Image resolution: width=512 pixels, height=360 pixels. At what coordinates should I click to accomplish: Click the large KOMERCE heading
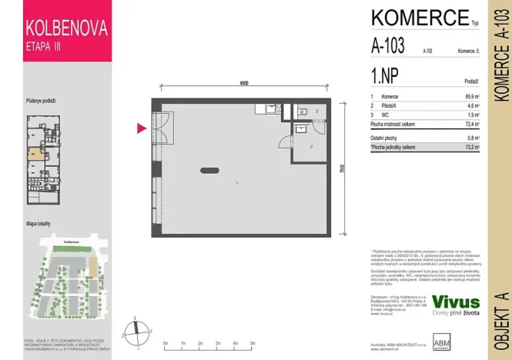click(420, 17)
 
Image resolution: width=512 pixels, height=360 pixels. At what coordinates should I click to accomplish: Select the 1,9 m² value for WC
click(472, 114)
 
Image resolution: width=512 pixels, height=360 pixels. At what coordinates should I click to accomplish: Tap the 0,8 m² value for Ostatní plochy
click(472, 138)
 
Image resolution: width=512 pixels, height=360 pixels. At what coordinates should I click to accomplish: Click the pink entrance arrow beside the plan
click(142, 128)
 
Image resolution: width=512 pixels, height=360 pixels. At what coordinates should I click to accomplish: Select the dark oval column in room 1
click(209, 170)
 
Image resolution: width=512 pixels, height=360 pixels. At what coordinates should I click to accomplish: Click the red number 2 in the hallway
click(311, 146)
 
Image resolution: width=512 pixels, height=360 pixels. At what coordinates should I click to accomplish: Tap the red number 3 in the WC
click(317, 112)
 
